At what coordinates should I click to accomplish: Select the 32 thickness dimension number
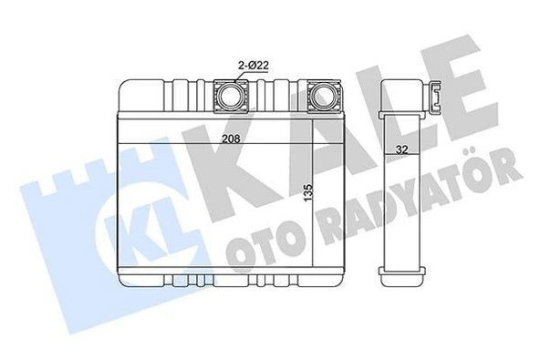[x=401, y=149]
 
